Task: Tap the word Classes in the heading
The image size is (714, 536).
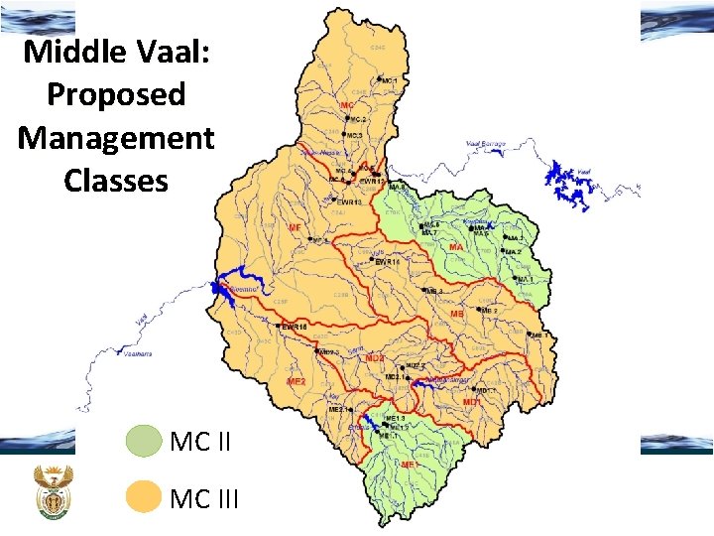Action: pyautogui.click(x=116, y=181)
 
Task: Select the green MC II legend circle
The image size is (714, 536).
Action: pyautogui.click(x=145, y=441)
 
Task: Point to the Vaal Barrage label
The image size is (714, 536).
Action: pyautogui.click(x=485, y=145)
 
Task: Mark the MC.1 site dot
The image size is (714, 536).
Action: pyautogui.click(x=379, y=79)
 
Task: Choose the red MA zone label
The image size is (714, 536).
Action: pyautogui.click(x=456, y=246)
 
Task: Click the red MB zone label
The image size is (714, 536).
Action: pyautogui.click(x=457, y=314)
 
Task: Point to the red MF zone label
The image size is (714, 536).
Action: pyautogui.click(x=294, y=227)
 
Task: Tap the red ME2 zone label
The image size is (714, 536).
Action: pyautogui.click(x=297, y=381)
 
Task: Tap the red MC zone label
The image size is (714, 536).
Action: pyautogui.click(x=346, y=105)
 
